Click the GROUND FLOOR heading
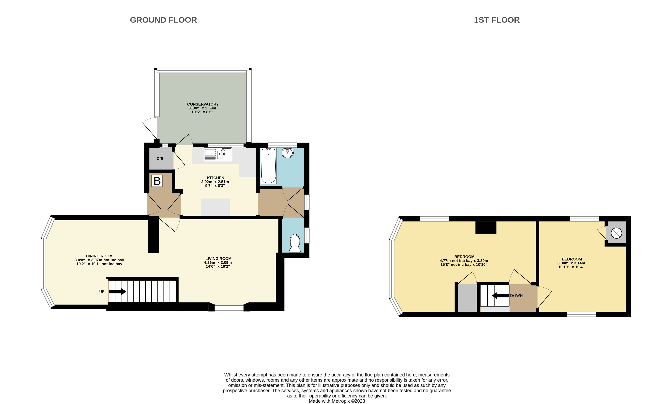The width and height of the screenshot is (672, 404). tap(163, 20)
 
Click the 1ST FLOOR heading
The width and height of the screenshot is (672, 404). tap(497, 20)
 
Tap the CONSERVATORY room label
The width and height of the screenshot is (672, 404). tap(203, 104)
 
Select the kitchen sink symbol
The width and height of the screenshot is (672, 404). tap(218, 154)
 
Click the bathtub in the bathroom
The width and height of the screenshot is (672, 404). tap(268, 166)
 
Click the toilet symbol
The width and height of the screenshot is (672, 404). tap(295, 243)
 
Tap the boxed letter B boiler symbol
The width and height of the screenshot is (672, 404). tap(157, 181)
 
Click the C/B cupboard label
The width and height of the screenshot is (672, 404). tap(160, 159)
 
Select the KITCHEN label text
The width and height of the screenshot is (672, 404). tap(216, 178)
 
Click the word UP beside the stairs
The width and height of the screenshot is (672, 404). tap(102, 292)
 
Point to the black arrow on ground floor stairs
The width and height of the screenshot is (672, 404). tap(118, 292)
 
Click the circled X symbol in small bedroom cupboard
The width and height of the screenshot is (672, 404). tap(616, 233)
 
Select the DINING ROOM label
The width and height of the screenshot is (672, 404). tap(99, 256)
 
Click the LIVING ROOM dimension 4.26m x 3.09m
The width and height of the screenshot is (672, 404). tap(218, 263)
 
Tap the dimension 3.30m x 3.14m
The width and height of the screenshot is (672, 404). tap(571, 263)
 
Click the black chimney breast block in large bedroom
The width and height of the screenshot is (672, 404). tap(486, 228)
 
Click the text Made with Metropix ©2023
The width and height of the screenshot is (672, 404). tap(337, 401)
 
